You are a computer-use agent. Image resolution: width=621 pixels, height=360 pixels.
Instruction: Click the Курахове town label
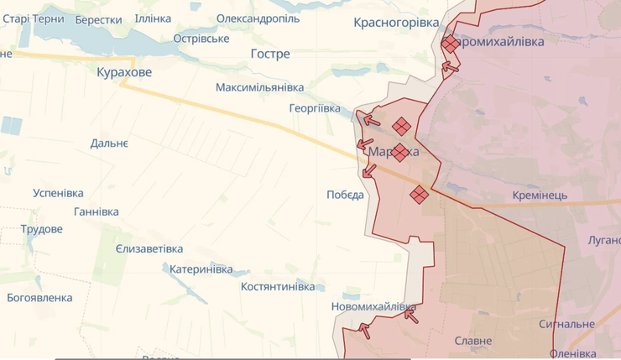(x=124, y=73)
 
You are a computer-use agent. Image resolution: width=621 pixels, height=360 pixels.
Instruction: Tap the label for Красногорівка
(x=396, y=23)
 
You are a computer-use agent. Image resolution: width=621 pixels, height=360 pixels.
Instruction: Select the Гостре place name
(x=270, y=54)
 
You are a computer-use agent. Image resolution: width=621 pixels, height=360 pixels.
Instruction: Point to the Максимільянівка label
(x=259, y=87)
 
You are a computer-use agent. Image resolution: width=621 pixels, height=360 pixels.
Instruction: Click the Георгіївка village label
(x=315, y=109)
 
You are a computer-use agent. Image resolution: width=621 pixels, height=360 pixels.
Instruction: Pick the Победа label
(x=345, y=195)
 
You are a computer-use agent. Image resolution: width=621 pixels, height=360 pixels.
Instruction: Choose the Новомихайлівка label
(x=373, y=307)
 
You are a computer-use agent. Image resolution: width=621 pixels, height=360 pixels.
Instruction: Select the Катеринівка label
(x=201, y=269)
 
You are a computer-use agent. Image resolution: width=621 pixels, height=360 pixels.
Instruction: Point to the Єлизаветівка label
(x=149, y=249)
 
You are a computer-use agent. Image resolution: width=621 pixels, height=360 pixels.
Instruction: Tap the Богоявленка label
(x=39, y=298)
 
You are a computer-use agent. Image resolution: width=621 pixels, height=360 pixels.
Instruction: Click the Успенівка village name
(x=59, y=193)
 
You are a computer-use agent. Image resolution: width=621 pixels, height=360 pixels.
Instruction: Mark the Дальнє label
(x=109, y=144)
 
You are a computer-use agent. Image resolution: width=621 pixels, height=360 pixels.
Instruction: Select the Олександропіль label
(x=259, y=18)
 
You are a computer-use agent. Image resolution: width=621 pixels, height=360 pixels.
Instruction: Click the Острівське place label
(x=201, y=39)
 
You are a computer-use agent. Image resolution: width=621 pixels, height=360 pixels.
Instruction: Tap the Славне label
(x=473, y=341)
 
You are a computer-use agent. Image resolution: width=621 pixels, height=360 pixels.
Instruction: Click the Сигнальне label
(x=566, y=324)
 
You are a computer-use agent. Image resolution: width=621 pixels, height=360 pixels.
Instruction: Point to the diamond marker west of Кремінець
(x=419, y=195)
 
